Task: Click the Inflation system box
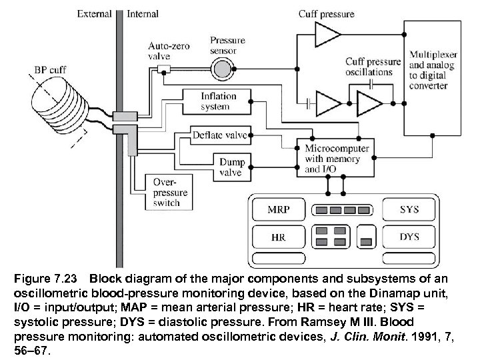(x=219, y=102)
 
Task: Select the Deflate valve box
(x=219, y=135)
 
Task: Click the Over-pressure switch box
(x=171, y=191)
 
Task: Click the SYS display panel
(x=409, y=209)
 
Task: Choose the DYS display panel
(x=409, y=237)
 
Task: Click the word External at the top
(x=95, y=13)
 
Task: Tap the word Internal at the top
(x=142, y=13)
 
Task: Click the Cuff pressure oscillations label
(x=373, y=67)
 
